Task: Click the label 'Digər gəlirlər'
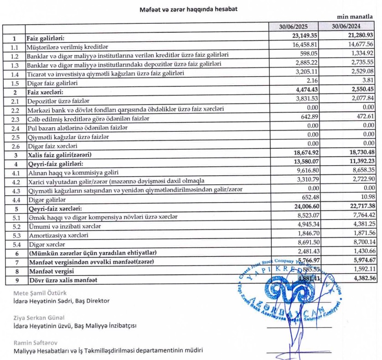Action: coord(47,200)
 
